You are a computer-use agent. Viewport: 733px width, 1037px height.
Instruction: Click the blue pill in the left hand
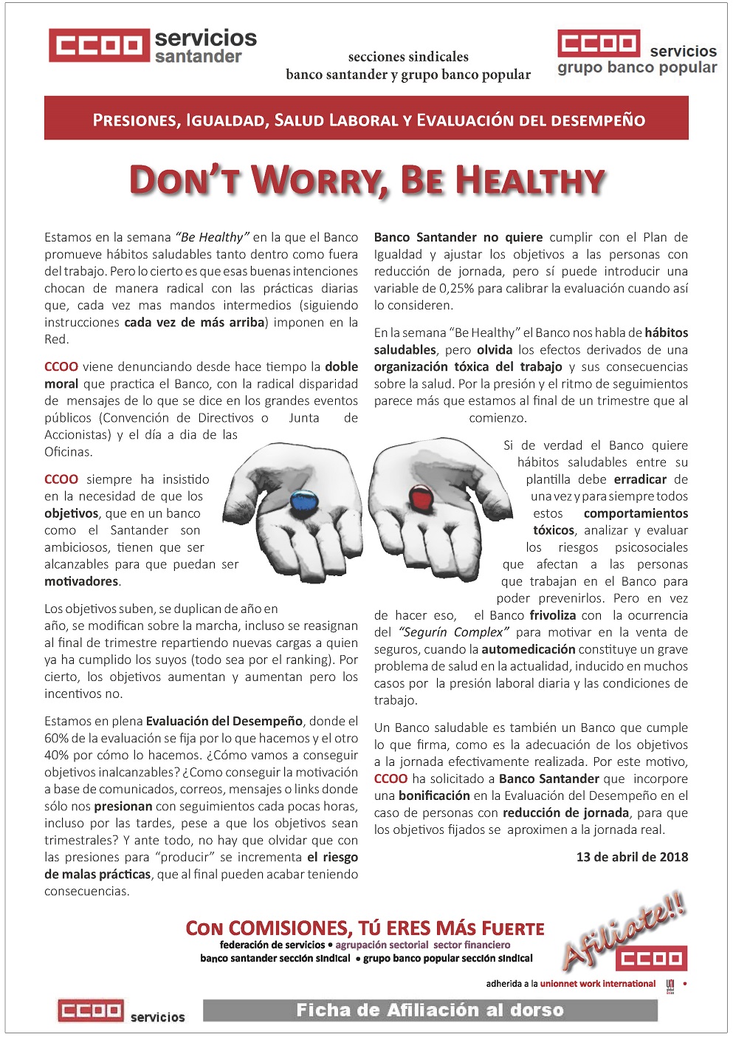(301, 502)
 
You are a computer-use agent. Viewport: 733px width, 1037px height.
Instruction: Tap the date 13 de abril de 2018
(632, 857)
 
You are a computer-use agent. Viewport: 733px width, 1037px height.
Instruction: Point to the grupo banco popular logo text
(637, 68)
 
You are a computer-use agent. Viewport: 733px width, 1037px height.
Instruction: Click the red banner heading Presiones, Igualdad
(366, 120)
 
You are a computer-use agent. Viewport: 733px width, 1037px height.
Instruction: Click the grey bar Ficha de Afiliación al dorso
(430, 1010)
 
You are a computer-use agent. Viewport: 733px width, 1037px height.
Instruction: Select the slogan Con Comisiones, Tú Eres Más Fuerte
(365, 928)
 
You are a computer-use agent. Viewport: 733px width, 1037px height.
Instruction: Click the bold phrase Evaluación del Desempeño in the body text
(224, 721)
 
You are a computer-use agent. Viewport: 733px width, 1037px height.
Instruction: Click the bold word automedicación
(528, 649)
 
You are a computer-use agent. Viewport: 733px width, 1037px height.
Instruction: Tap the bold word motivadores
(81, 581)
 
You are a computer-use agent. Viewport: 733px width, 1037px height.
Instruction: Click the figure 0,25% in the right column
(456, 288)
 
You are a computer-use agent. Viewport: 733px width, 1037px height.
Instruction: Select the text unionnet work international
(597, 984)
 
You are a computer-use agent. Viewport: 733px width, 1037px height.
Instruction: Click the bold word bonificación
(434, 795)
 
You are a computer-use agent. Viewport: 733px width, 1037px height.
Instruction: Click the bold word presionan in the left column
(123, 806)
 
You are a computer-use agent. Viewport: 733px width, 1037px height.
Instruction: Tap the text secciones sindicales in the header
(408, 57)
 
